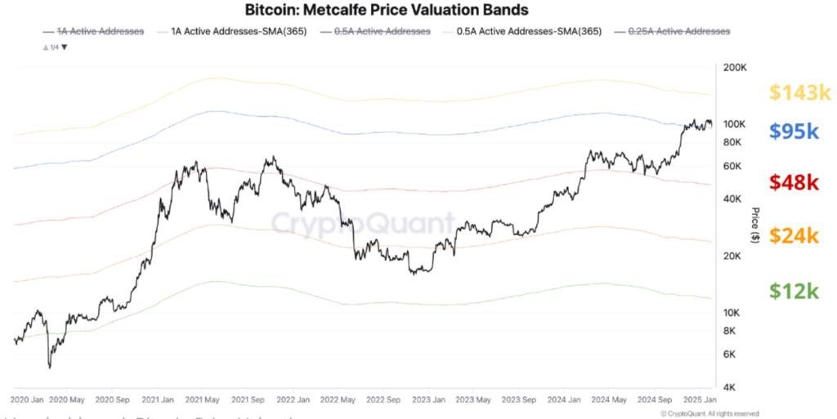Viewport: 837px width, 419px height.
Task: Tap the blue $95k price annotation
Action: pyautogui.click(x=794, y=131)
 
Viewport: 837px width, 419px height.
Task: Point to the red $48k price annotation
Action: pyautogui.click(x=794, y=182)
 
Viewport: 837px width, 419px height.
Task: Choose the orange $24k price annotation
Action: pyautogui.click(x=794, y=235)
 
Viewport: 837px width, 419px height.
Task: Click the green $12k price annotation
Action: pyautogui.click(x=794, y=291)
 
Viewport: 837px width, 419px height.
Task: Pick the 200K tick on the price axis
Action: pyautogui.click(x=736, y=67)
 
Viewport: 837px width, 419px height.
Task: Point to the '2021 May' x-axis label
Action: pyautogui.click(x=203, y=400)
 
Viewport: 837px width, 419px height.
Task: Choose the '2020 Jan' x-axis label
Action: pyautogui.click(x=28, y=400)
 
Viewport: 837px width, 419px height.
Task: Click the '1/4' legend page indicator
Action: pyautogui.click(x=54, y=47)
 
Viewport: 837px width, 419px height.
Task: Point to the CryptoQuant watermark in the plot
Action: pyautogui.click(x=363, y=223)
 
